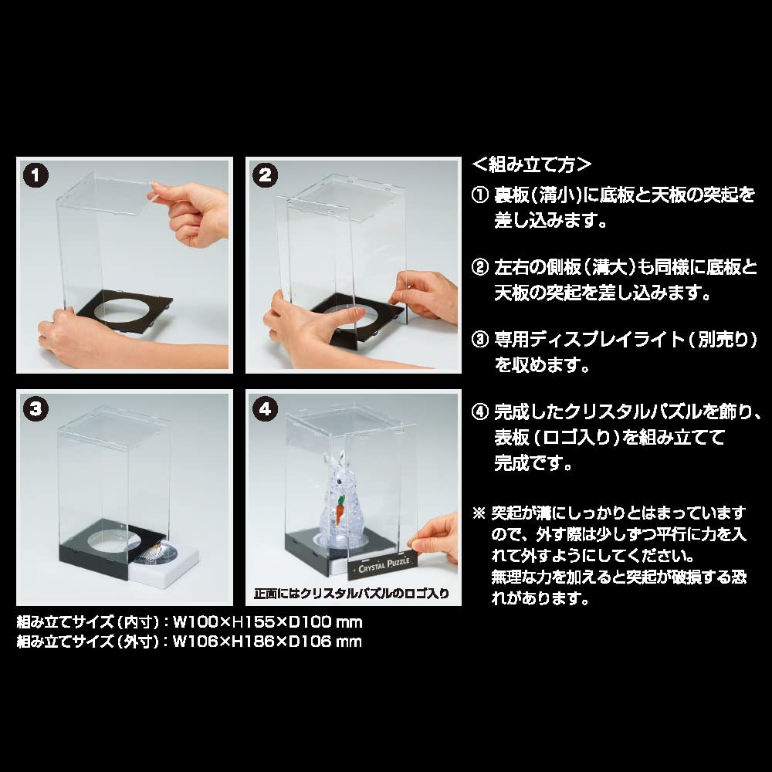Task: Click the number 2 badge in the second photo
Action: [264, 175]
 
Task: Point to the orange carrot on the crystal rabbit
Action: [338, 509]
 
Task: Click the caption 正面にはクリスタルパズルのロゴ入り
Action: [352, 594]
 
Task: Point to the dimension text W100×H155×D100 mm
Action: [267, 621]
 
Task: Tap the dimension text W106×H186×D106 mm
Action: [267, 641]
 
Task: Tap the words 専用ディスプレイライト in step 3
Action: [584, 340]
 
